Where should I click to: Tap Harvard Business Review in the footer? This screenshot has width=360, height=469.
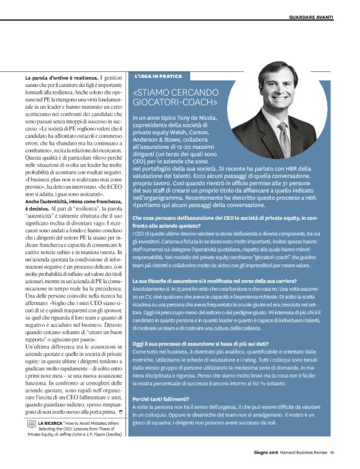[x=300, y=460]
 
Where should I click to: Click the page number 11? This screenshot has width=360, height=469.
[x=332, y=460]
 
